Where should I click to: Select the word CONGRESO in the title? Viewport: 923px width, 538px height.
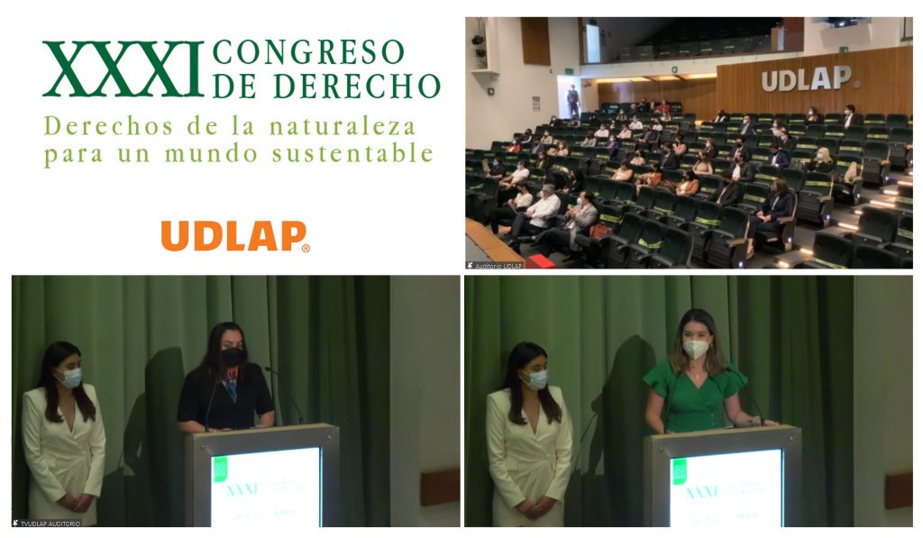[309, 52]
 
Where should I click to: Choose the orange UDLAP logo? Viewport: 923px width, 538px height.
[235, 236]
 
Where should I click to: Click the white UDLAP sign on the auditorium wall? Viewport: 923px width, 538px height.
[807, 79]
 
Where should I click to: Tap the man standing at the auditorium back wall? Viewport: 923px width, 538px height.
[573, 102]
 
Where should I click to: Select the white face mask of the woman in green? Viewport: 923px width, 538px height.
[695, 349]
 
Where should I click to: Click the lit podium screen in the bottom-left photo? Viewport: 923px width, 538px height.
[265, 487]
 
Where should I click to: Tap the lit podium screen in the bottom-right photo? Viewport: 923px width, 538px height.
[726, 487]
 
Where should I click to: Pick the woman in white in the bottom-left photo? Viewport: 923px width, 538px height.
[63, 433]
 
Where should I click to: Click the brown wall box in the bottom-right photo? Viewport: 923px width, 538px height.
[899, 490]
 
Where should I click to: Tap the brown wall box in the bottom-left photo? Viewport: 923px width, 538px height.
[441, 487]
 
